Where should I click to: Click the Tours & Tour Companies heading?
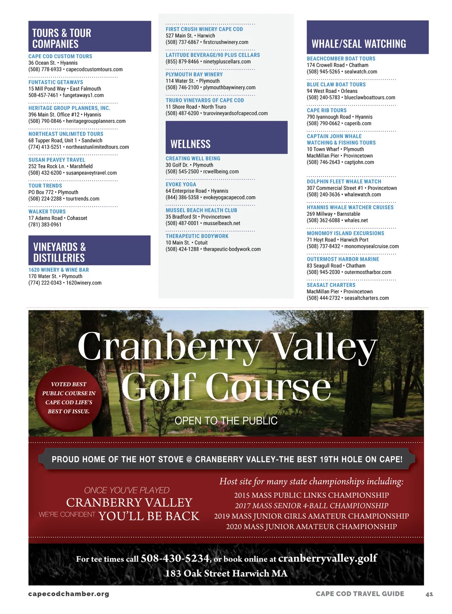(62, 38)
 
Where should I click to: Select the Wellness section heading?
(191, 144)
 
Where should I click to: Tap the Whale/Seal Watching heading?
(359, 44)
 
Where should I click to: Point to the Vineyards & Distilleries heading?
(60, 252)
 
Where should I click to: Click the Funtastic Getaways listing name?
(56, 82)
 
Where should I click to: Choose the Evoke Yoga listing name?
(181, 184)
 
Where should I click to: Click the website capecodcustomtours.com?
(94, 70)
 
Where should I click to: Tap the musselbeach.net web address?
(221, 223)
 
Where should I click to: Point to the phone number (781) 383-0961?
(45, 225)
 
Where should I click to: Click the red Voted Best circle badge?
(69, 398)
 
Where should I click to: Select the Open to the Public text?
(226, 421)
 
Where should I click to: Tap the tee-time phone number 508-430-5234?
(175, 558)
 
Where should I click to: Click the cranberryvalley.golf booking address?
(327, 558)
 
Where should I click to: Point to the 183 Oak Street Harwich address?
(226, 573)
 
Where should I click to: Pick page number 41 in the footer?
(429, 594)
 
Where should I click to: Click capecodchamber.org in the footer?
(69, 594)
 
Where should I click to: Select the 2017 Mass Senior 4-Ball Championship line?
(312, 506)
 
